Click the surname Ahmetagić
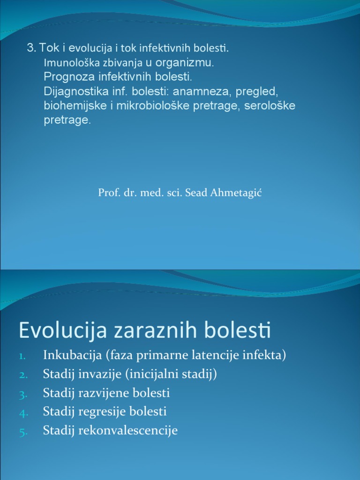(x=237, y=193)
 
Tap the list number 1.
(x=24, y=356)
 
